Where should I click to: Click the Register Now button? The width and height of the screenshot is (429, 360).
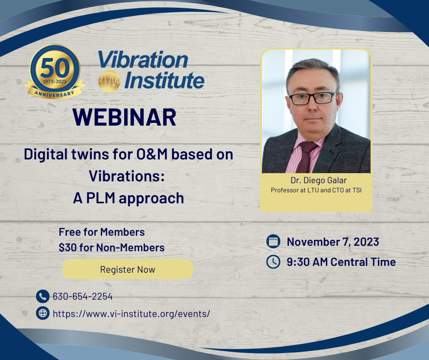coord(127,269)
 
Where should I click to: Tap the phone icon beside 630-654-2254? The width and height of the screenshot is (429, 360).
coord(43,296)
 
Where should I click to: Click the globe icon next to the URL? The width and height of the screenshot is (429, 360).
coord(43,313)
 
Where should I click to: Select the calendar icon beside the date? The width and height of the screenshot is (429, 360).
coord(273,241)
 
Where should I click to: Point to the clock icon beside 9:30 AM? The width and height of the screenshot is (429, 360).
coord(273,262)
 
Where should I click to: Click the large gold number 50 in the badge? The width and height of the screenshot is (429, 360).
coord(55,68)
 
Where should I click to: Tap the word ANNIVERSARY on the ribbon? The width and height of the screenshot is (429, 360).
coord(54,94)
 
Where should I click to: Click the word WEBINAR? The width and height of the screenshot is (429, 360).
coord(125,117)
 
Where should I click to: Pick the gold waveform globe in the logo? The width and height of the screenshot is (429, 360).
coord(109,81)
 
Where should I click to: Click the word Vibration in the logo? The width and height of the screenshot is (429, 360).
coord(143,59)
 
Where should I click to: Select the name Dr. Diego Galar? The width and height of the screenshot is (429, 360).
coord(319,180)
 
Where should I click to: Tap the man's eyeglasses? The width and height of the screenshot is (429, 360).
coord(312,98)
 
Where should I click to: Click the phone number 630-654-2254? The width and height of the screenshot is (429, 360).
coord(83,296)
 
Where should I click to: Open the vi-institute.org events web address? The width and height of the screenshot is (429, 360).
coord(131,314)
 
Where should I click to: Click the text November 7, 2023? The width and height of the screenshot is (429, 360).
coord(333,242)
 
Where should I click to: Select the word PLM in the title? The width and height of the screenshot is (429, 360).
coord(101,198)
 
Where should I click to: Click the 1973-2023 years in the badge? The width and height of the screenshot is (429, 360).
coord(55,81)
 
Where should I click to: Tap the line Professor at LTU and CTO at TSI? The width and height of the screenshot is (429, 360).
coord(316,190)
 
